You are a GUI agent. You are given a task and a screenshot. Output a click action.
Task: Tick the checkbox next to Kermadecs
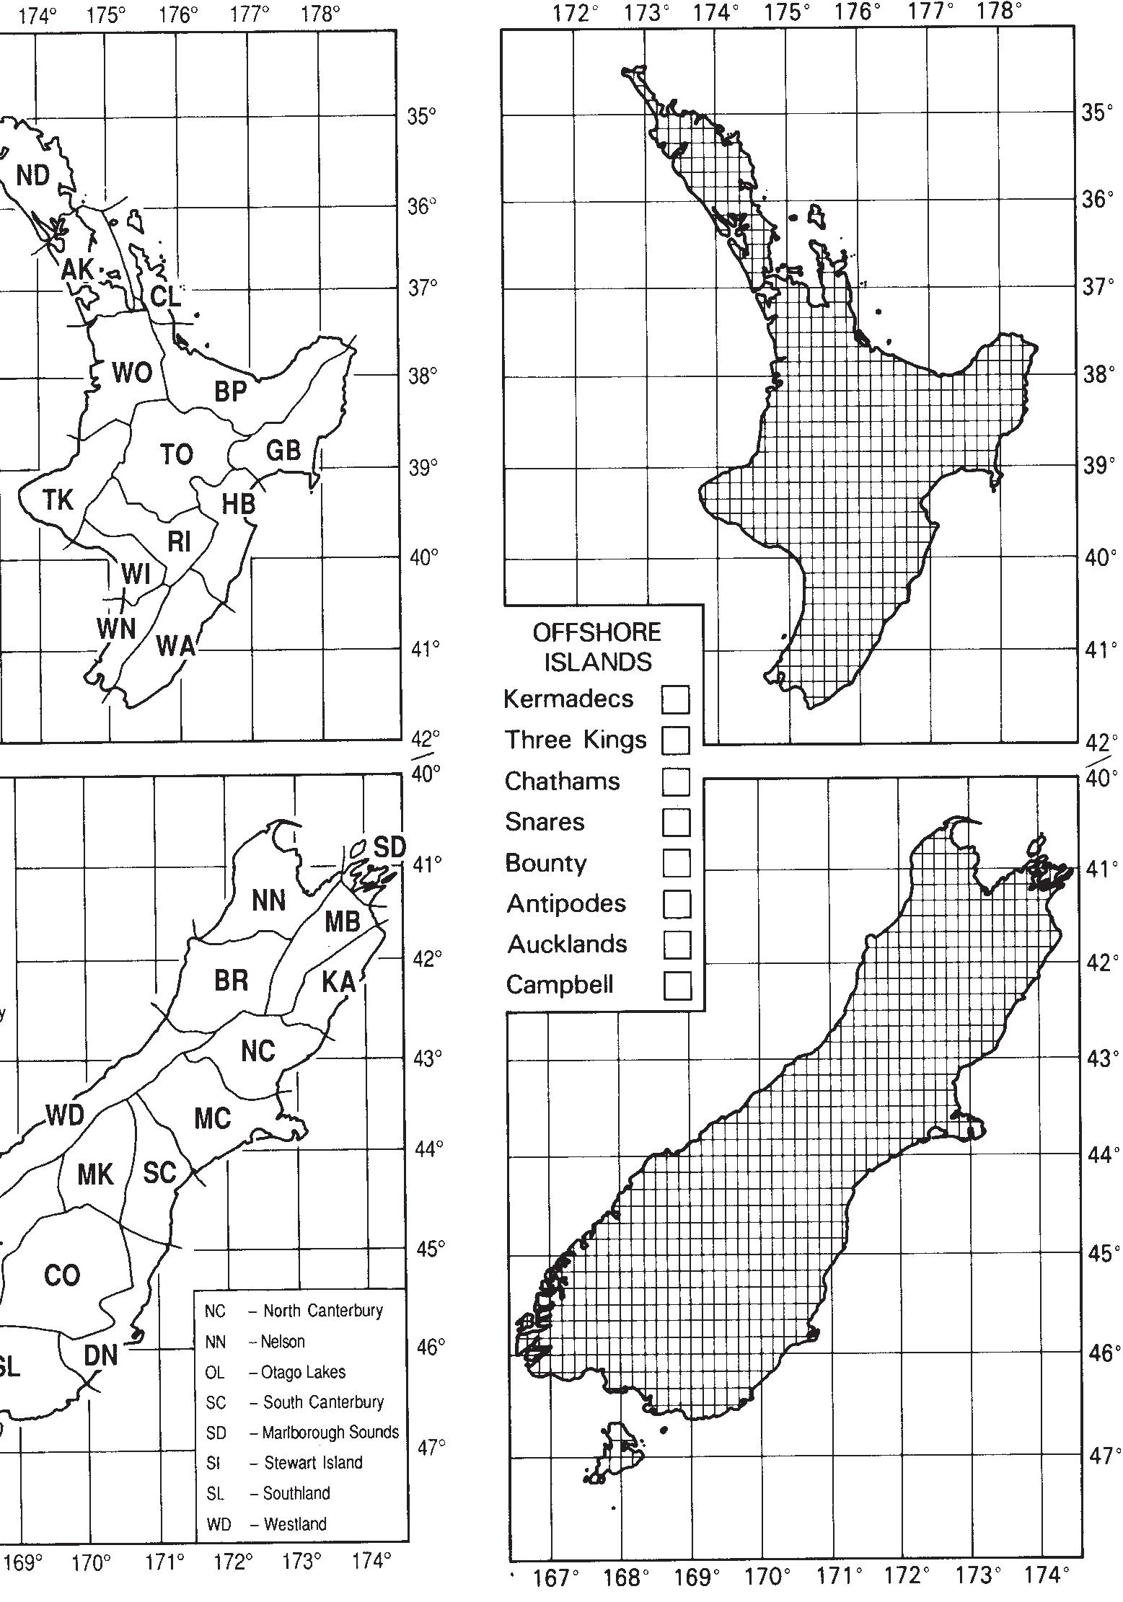click(675, 699)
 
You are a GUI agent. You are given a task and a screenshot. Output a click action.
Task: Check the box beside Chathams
click(676, 781)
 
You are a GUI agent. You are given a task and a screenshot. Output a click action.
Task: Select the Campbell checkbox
click(677, 985)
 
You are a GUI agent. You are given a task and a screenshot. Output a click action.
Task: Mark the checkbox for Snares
click(676, 822)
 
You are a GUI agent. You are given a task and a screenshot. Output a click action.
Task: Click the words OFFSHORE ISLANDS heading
click(597, 647)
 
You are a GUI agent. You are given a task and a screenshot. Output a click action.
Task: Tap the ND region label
click(33, 175)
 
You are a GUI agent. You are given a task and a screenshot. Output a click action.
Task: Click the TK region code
click(58, 499)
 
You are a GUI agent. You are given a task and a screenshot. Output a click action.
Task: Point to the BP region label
click(230, 391)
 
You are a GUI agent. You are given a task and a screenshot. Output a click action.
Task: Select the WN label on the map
click(116, 628)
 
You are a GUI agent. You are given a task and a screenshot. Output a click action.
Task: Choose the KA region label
click(338, 981)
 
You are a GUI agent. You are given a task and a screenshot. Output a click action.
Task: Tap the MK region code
click(95, 1174)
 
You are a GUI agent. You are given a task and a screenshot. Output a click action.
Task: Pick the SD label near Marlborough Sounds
click(389, 847)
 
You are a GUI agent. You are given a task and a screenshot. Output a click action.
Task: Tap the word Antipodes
click(566, 903)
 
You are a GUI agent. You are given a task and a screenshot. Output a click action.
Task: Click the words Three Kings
click(575, 740)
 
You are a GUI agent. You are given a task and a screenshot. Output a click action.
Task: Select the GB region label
click(283, 450)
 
